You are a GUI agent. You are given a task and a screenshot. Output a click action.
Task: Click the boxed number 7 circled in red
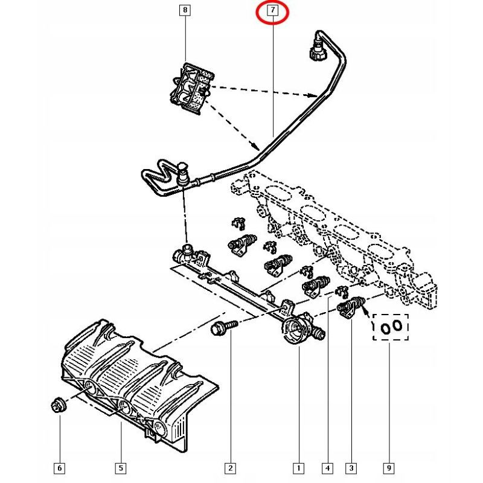click(x=273, y=10)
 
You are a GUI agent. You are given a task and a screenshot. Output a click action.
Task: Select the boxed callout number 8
click(x=185, y=10)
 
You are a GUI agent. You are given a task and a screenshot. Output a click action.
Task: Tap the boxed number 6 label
click(x=59, y=469)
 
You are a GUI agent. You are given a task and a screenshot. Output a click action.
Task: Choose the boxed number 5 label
click(x=121, y=469)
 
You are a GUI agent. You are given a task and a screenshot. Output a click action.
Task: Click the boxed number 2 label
click(x=231, y=469)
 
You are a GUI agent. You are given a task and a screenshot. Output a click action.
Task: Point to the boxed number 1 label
click(x=298, y=469)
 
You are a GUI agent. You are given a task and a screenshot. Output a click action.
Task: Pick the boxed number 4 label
click(x=327, y=469)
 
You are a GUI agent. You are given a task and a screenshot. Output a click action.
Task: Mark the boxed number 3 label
click(x=351, y=469)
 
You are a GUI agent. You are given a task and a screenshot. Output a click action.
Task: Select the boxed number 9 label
click(x=389, y=469)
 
